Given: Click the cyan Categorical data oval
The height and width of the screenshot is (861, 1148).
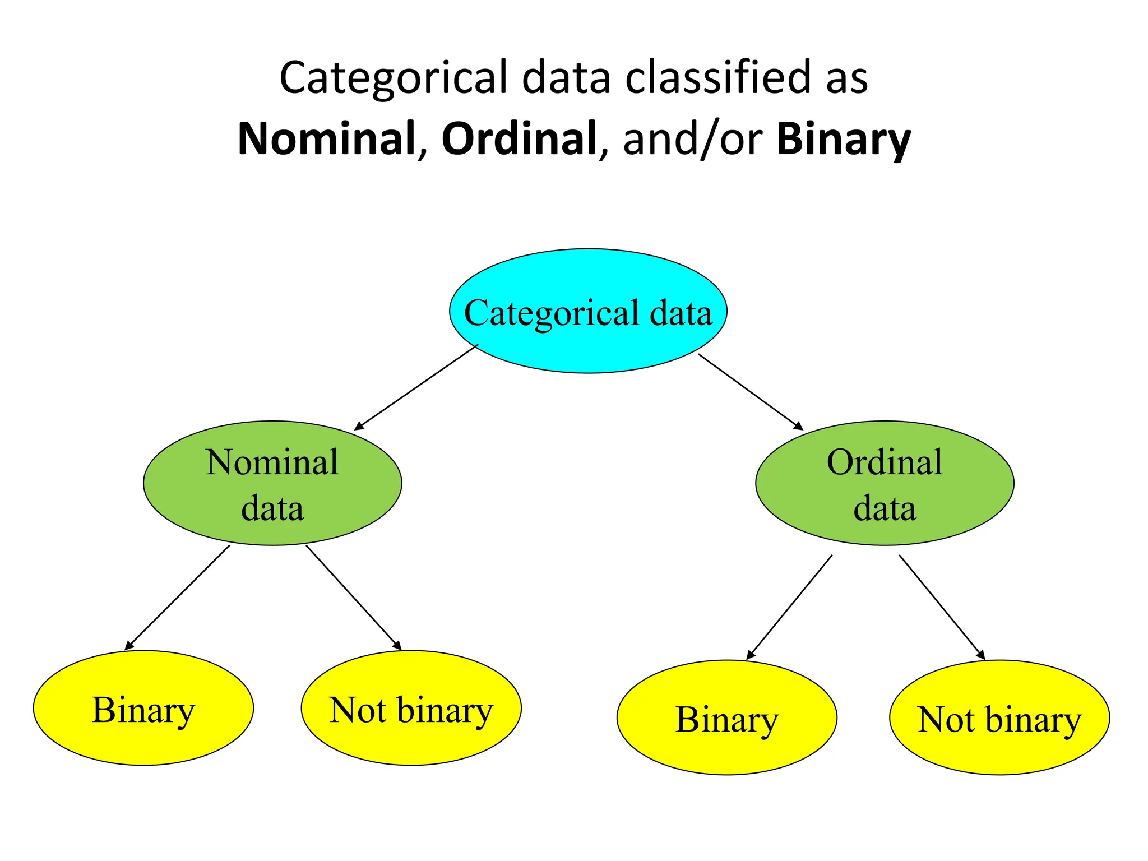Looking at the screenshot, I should [588, 311].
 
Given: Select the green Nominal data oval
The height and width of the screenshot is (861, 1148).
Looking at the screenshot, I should [272, 483].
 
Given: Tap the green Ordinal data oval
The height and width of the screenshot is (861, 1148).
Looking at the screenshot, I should [885, 483].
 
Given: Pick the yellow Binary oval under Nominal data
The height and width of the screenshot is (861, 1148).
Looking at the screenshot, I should [143, 708].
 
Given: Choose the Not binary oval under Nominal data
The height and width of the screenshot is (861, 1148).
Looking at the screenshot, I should [411, 708].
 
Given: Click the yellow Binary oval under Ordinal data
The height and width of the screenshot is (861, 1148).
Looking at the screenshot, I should [726, 717].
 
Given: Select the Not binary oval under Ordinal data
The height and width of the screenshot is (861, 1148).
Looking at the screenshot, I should [999, 717].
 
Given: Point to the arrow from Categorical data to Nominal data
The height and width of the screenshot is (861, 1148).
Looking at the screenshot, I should [416, 387].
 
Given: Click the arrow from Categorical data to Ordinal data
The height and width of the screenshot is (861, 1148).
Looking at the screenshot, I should [751, 392].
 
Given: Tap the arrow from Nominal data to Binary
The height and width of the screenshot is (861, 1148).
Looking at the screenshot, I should [177, 598].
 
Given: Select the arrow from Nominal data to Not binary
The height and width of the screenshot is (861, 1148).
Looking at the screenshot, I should [354, 598].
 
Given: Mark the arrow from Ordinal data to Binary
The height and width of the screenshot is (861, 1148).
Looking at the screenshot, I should [789, 607].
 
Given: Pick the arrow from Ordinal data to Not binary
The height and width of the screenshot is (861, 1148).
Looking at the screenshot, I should [942, 607].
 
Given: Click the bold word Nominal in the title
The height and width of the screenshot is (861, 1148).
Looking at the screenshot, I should [326, 139].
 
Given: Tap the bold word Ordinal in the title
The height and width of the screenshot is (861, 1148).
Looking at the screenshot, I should [519, 139].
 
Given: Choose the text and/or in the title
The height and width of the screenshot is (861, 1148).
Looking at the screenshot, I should [692, 139].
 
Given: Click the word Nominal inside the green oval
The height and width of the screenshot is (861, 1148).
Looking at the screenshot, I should [272, 462].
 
